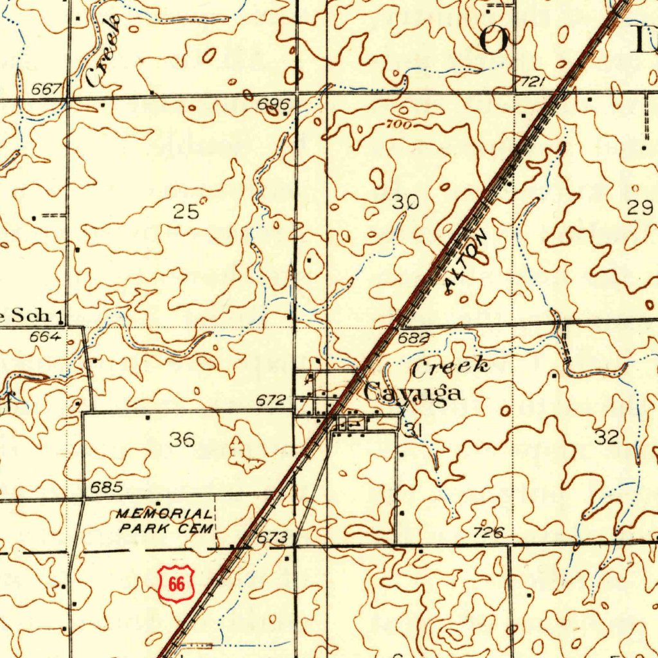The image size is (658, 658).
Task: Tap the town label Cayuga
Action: (413, 392)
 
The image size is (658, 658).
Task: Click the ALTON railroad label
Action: (466, 263)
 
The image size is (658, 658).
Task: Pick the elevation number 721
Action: (533, 82)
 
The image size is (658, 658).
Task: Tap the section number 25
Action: (186, 211)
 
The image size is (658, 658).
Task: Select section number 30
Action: (405, 202)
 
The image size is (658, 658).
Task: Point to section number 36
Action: (182, 440)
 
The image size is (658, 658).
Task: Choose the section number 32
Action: (607, 438)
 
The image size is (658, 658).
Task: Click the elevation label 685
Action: (106, 487)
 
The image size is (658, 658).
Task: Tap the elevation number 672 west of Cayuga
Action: (271, 400)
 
